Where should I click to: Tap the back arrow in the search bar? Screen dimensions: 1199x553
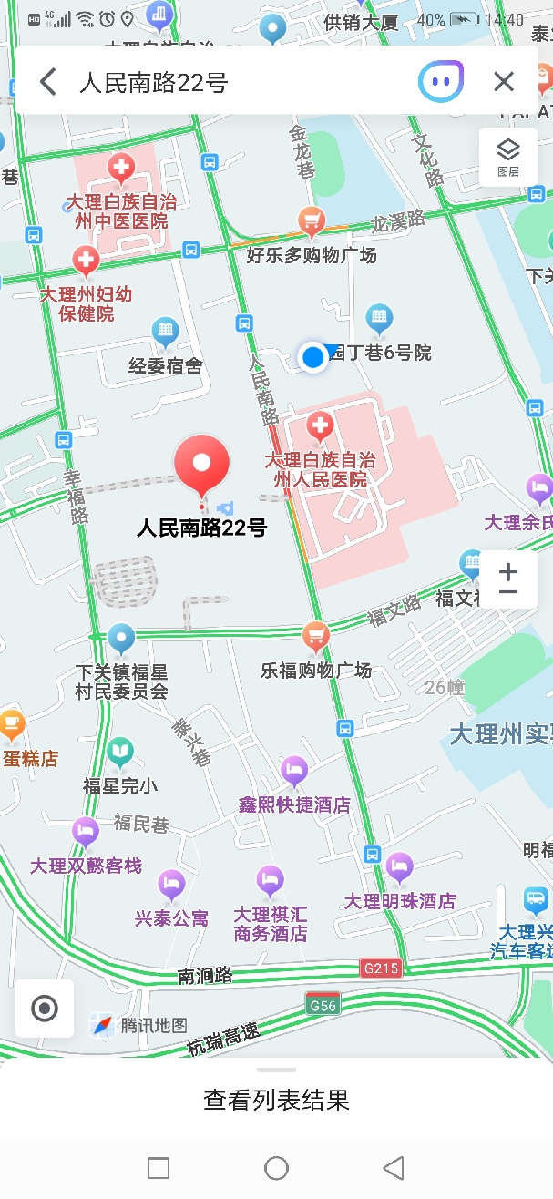click(x=48, y=82)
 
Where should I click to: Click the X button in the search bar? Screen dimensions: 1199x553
click(x=504, y=82)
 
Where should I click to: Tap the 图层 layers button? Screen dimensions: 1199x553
click(x=507, y=157)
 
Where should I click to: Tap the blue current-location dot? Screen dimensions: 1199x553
click(x=313, y=356)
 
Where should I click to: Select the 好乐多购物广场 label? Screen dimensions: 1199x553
click(x=312, y=255)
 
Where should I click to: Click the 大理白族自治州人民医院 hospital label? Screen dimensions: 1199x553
click(x=321, y=470)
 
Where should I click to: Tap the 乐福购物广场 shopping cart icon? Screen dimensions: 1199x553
click(x=315, y=635)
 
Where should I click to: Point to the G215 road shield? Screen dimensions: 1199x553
click(x=380, y=968)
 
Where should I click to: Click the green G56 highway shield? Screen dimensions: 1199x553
click(x=323, y=1005)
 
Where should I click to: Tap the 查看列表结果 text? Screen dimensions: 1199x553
click(x=276, y=1100)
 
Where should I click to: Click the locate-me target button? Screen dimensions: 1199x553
click(x=45, y=1009)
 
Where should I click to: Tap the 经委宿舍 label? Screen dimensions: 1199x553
click(x=165, y=366)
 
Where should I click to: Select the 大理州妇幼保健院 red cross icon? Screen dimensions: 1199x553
click(x=87, y=261)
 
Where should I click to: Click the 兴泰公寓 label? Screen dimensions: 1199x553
click(x=171, y=918)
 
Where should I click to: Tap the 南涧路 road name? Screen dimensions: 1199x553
click(x=205, y=976)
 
